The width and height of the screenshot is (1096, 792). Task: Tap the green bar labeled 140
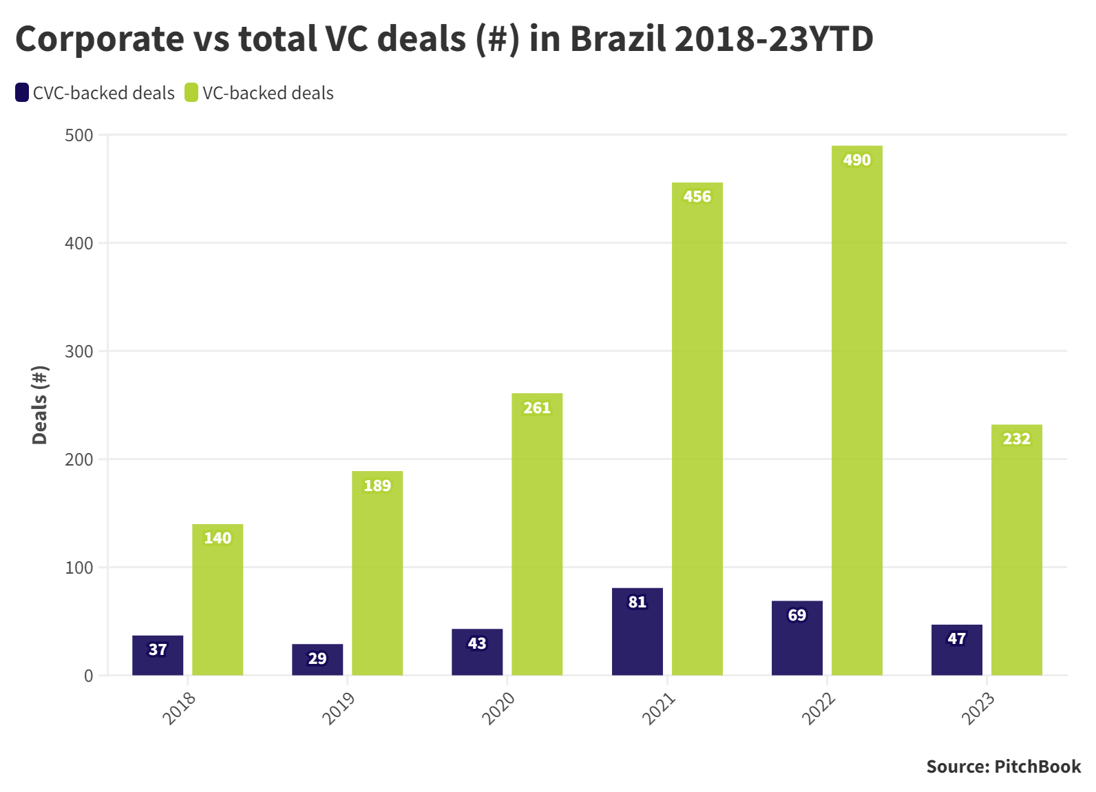click(218, 600)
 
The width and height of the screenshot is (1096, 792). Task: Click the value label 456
click(697, 197)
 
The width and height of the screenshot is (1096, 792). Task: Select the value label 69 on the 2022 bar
click(797, 615)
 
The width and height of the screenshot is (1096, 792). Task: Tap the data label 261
click(537, 408)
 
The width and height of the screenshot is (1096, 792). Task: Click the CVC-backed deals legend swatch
click(22, 93)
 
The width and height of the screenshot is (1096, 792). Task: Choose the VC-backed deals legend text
click(268, 93)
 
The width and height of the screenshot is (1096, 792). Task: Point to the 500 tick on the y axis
click(79, 135)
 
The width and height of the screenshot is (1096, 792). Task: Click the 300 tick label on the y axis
click(79, 351)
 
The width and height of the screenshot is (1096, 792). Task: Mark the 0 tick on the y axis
click(88, 676)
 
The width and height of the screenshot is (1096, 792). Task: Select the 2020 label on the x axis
click(498, 708)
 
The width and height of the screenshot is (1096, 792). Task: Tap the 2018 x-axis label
click(179, 708)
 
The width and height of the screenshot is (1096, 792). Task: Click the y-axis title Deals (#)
click(40, 405)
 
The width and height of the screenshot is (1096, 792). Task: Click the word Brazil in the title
click(618, 39)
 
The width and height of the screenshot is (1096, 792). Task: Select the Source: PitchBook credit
click(1003, 767)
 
